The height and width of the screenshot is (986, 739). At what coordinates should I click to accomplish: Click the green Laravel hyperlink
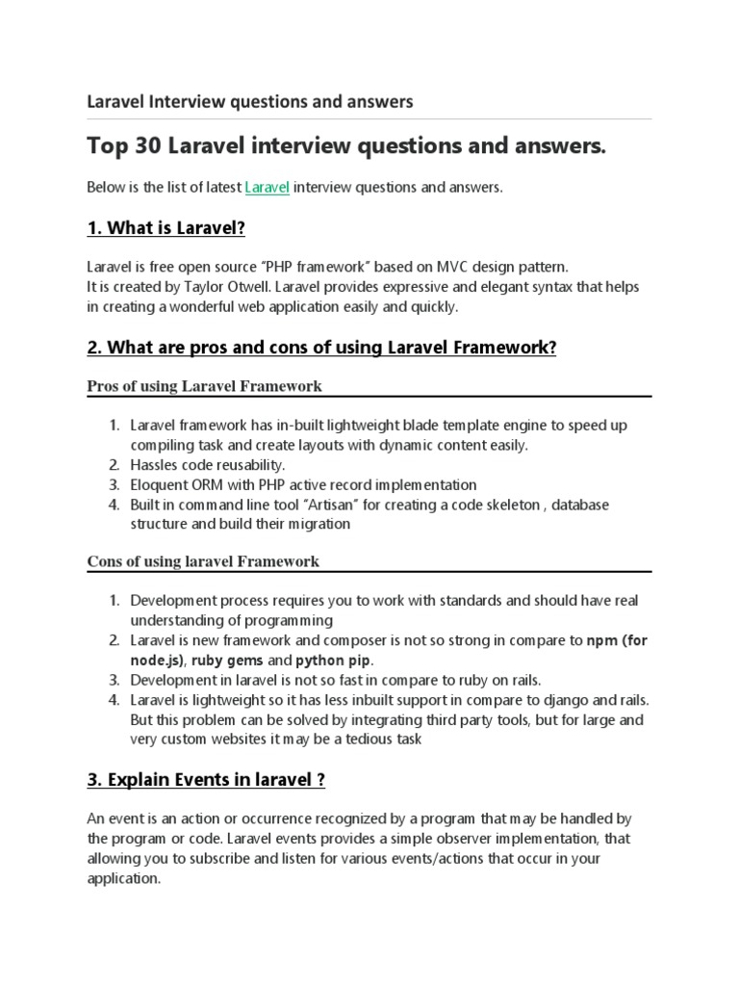pyautogui.click(x=267, y=187)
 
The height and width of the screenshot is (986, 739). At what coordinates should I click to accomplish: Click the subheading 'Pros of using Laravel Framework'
pyautogui.click(x=204, y=386)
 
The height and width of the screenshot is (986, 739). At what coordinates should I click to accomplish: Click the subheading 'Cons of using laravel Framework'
pyautogui.click(x=203, y=561)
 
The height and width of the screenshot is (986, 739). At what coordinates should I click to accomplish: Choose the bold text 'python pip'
pyautogui.click(x=332, y=661)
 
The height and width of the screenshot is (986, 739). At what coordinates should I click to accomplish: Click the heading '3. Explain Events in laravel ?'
pyautogui.click(x=206, y=780)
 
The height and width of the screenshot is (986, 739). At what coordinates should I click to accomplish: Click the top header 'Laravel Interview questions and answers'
pyautogui.click(x=250, y=101)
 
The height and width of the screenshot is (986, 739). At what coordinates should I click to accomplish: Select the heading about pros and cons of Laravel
pyautogui.click(x=321, y=347)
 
